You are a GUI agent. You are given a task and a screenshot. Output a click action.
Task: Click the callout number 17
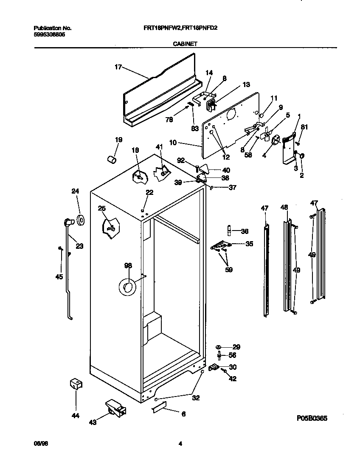(x=118, y=67)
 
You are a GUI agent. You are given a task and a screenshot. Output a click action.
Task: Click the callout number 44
(x=76, y=416)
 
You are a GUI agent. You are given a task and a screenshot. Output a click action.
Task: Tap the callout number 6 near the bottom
(x=183, y=414)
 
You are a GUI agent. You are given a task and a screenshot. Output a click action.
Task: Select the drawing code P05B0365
(x=312, y=418)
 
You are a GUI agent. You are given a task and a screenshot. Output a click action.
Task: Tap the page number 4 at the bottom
(x=180, y=444)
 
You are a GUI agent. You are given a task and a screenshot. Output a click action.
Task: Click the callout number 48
(x=284, y=207)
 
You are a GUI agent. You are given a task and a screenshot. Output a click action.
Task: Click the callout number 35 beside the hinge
(x=249, y=244)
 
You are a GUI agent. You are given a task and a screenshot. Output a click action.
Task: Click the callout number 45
(x=59, y=277)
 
